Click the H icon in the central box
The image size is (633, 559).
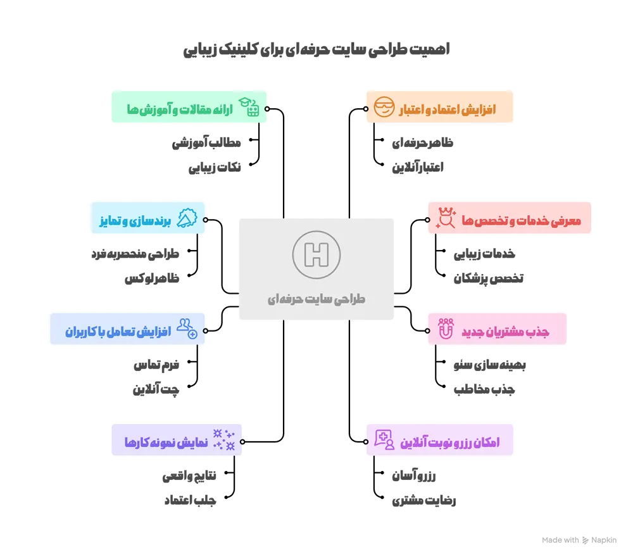point(316,256)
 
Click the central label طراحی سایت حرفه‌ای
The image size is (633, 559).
point(316,298)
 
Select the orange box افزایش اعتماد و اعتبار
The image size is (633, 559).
point(439,108)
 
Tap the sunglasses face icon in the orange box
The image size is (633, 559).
point(384,108)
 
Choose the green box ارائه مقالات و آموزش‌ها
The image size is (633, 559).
point(189,109)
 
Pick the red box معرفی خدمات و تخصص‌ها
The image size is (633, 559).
point(510,220)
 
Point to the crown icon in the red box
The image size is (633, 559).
point(447,219)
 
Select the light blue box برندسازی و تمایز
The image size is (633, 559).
point(149,220)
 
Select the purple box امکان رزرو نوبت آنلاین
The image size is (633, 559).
point(440,441)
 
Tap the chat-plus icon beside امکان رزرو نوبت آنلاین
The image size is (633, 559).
point(384,439)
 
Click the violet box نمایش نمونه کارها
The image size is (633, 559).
point(177,441)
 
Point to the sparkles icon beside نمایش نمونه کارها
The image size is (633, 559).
point(224,439)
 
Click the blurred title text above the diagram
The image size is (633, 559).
point(316,51)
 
